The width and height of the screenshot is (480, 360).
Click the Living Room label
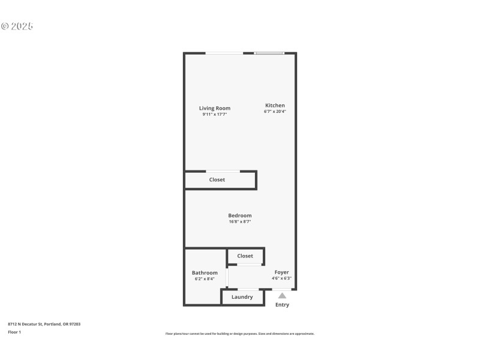[215, 109]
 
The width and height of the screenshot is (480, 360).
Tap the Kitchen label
[275, 106]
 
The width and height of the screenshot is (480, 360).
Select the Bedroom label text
[239, 215]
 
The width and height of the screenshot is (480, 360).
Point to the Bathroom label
[205, 273]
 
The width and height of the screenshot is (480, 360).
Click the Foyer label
[281, 272]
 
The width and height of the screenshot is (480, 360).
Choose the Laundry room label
[242, 297]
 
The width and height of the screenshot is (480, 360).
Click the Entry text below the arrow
[282, 305]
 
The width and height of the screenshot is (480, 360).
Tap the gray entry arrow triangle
[282, 295]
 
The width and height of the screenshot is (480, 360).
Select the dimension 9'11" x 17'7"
[215, 114]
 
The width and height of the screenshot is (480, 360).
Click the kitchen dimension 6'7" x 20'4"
[275, 112]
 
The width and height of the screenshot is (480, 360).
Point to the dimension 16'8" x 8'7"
[239, 221]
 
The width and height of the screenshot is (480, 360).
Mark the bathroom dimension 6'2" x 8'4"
[205, 278]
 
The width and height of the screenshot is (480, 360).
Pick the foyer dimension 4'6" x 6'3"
[281, 278]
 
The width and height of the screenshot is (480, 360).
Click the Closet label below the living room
[217, 180]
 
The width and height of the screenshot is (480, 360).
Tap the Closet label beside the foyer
[245, 256]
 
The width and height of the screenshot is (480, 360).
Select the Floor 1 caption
[14, 332]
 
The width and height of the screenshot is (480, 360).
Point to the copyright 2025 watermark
[17, 26]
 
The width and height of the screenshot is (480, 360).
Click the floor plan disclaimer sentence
[239, 334]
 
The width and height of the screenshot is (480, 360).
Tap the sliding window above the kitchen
[269, 53]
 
